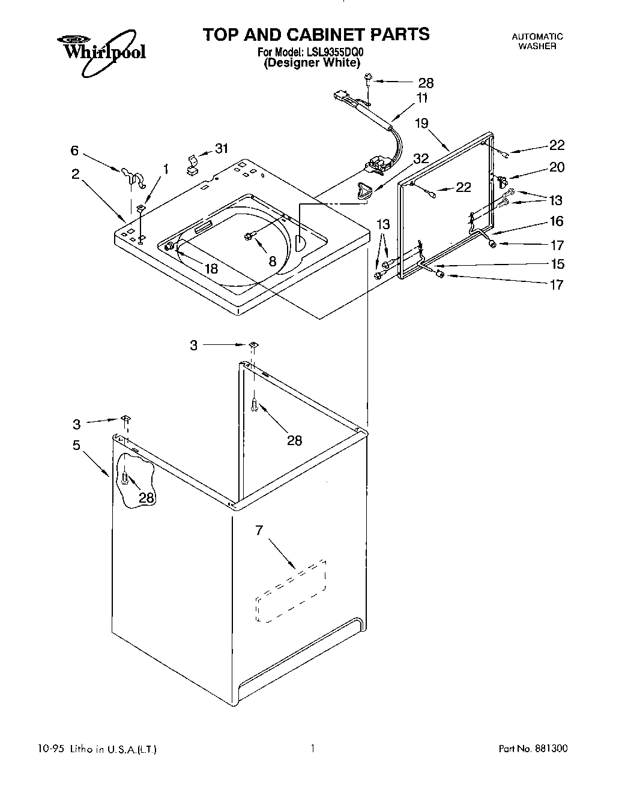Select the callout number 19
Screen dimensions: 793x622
(x=421, y=124)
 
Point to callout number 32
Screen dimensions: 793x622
(x=421, y=159)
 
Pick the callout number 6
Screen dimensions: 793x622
(x=74, y=151)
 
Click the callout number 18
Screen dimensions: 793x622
(x=211, y=269)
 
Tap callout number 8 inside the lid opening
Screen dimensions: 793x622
(x=272, y=261)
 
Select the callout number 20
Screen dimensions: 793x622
(x=557, y=167)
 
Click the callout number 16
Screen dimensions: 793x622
(x=557, y=221)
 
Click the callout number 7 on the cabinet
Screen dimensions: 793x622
(x=259, y=531)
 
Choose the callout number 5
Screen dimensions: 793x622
(x=76, y=446)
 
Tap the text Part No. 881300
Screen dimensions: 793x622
(x=533, y=749)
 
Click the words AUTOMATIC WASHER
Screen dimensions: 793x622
(x=537, y=41)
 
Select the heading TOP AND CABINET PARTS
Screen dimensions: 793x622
(x=316, y=34)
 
